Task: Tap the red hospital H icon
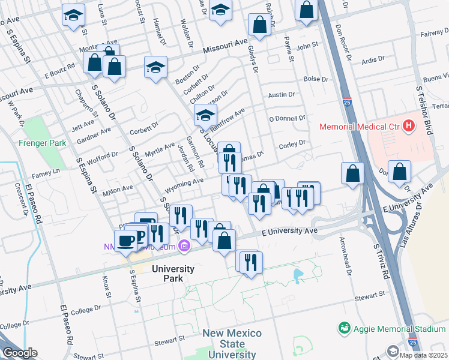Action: pyautogui.click(x=409, y=126)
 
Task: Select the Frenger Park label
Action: pyautogui.click(x=37, y=143)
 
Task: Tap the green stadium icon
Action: pyautogui.click(x=344, y=328)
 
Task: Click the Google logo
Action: pyautogui.click(x=19, y=353)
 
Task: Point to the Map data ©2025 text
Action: pyautogui.click(x=424, y=355)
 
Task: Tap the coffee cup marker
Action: pyautogui.click(x=125, y=240)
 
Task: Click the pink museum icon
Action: pyautogui.click(x=185, y=246)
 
